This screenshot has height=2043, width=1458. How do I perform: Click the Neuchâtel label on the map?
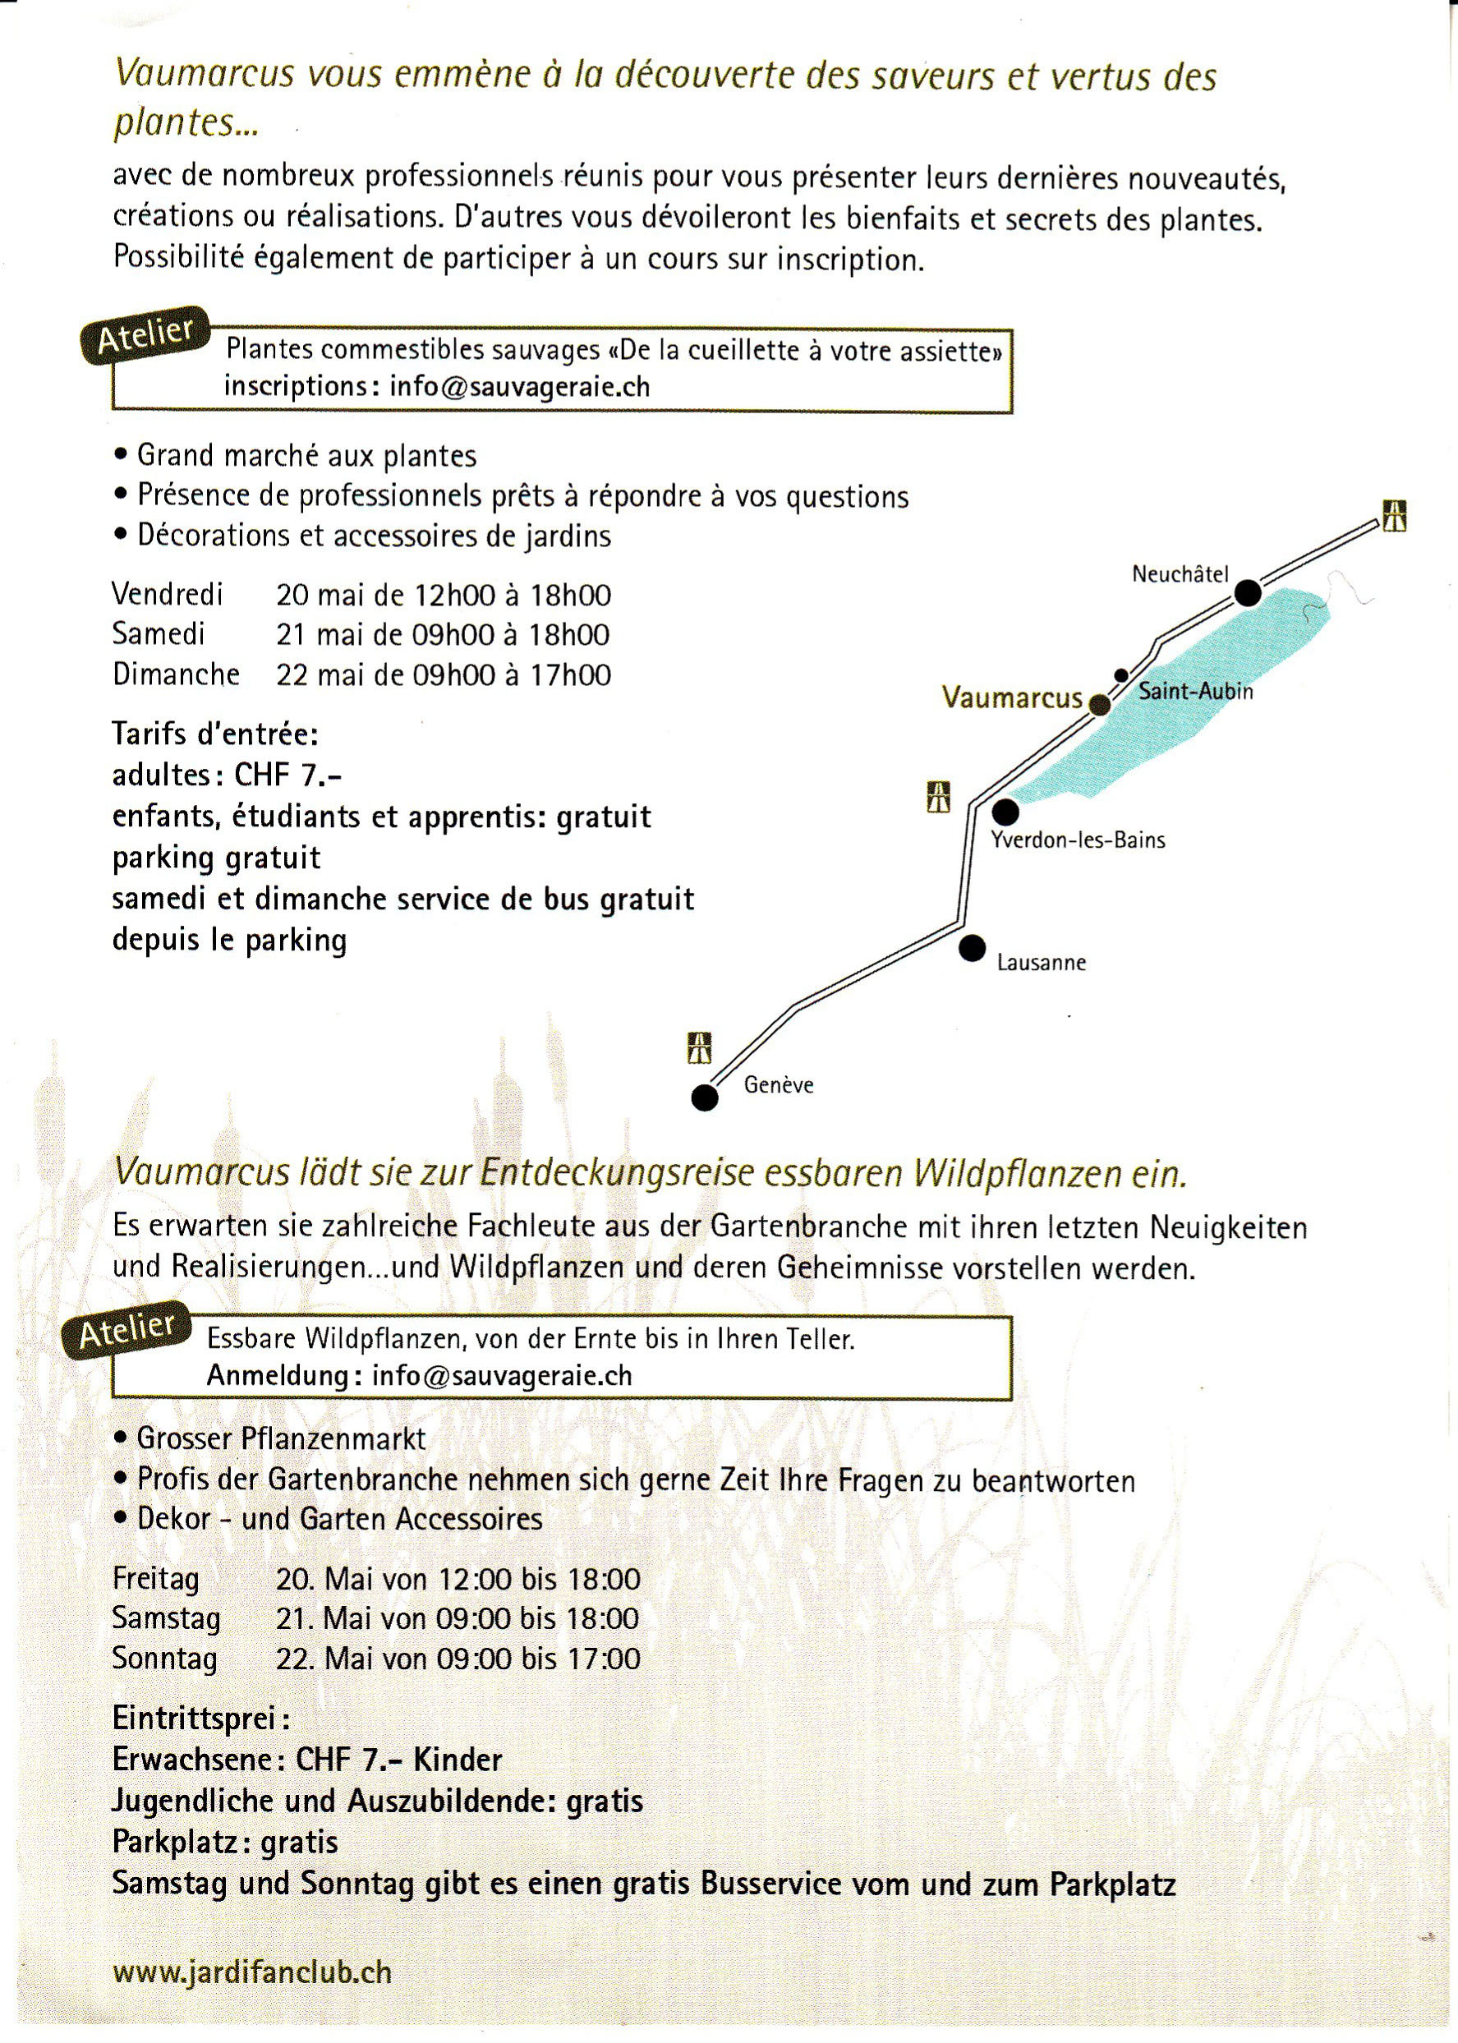(1180, 574)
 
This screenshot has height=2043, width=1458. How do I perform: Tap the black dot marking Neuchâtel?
(1247, 593)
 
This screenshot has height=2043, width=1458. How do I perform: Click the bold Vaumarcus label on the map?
(1012, 697)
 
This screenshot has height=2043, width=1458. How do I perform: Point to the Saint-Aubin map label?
(1195, 691)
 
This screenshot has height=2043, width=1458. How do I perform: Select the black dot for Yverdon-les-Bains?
(1005, 812)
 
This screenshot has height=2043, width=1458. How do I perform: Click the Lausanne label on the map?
(1042, 963)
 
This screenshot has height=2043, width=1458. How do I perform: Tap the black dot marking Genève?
(705, 1097)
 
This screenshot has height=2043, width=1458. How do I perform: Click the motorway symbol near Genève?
(699, 1047)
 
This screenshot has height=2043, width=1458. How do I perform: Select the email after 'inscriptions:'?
(519, 386)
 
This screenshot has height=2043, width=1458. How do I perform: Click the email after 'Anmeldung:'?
(502, 1376)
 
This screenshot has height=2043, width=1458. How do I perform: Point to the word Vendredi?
(167, 593)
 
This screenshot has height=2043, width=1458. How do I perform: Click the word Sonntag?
(164, 1658)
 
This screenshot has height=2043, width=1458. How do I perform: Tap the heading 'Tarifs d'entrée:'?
(215, 734)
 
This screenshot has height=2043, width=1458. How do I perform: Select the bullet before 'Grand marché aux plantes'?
(122, 455)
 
